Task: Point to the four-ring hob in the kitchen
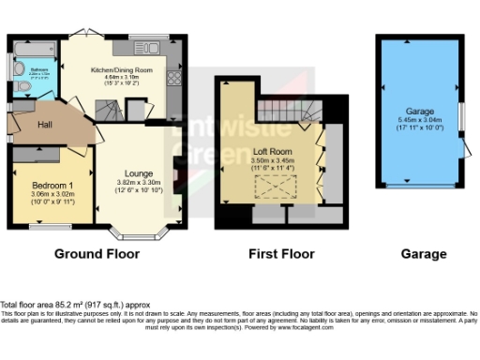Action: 173,80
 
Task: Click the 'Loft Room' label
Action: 273,150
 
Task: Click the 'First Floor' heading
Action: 274,254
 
